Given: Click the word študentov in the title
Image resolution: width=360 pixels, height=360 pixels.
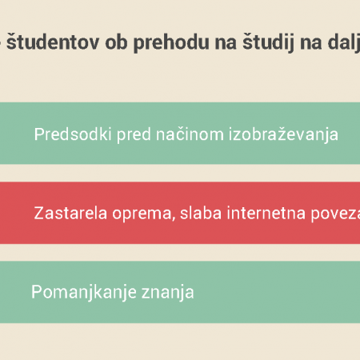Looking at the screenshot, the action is pos(53,42).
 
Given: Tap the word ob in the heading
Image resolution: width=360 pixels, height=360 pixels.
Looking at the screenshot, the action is pos(116,42).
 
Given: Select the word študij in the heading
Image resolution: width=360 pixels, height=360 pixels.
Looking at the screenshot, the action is pos(268,42).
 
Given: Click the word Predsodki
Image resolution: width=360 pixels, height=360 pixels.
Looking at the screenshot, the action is pos(73,134).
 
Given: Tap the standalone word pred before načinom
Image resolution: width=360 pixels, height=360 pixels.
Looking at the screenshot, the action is pos(134,135).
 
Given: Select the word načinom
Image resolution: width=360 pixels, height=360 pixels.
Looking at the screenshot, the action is pos(190,134).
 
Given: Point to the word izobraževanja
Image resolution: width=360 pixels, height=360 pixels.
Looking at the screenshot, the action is pos(283,134).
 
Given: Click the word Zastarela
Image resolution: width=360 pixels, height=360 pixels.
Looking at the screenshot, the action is pos(70,213).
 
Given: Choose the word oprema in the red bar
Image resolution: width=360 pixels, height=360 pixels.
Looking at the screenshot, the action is pos(142,214).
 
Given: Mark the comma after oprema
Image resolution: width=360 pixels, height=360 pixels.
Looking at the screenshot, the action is pos(174,219).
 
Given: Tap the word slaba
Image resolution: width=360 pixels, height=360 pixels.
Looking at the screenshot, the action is pos(201,213).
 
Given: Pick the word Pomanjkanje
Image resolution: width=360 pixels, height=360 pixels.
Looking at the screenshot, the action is pos(84,293).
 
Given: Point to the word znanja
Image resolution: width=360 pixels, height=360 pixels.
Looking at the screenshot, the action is pos(168,294).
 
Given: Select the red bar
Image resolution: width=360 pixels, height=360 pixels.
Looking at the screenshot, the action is pos(180,213).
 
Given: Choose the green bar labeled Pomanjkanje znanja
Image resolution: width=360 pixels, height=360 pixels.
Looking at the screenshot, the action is pos(180,292).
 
